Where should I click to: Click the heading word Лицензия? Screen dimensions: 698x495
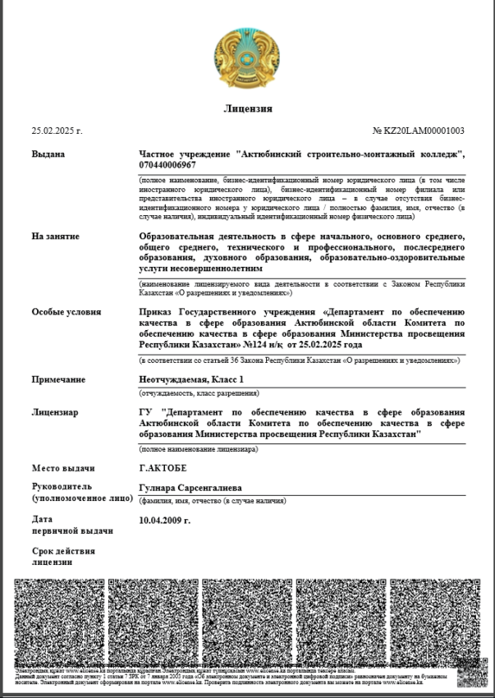click(247, 109)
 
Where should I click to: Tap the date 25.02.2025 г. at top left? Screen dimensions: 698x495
click(57, 131)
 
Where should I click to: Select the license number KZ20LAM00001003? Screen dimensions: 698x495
click(419, 131)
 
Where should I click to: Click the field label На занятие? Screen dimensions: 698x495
click(55, 236)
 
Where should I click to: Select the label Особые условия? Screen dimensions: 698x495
click(66, 312)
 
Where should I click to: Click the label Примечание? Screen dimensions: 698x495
click(58, 379)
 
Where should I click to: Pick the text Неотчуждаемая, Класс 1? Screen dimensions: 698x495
click(191, 379)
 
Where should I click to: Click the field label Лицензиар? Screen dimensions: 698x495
click(55, 411)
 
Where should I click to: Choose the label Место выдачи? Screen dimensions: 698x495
click(62, 468)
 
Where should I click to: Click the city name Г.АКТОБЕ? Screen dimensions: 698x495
click(163, 468)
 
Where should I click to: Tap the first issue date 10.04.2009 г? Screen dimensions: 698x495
click(165, 520)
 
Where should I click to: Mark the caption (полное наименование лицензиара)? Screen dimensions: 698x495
click(198, 449)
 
